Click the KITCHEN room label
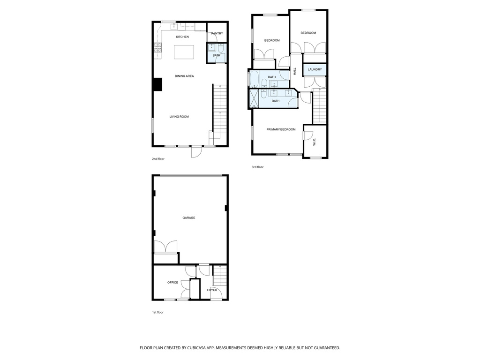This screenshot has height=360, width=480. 182,37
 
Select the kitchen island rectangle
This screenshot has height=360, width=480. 184,52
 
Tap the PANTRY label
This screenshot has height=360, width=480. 217,33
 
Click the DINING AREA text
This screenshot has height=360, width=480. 184,76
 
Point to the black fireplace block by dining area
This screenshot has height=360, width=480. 157,84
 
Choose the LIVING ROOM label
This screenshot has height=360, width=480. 179,116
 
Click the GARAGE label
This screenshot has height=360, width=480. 189,217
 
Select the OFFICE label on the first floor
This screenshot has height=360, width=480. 172,282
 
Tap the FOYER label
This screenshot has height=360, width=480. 212,290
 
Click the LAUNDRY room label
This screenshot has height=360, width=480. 315,69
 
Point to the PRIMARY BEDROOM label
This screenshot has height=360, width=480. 281,129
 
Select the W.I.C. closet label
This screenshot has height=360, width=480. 314,142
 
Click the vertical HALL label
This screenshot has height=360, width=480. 295,71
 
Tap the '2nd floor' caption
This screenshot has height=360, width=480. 158,159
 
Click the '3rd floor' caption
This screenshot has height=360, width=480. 257,167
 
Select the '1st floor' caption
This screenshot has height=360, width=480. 157,312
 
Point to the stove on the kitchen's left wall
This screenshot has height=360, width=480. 157,47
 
